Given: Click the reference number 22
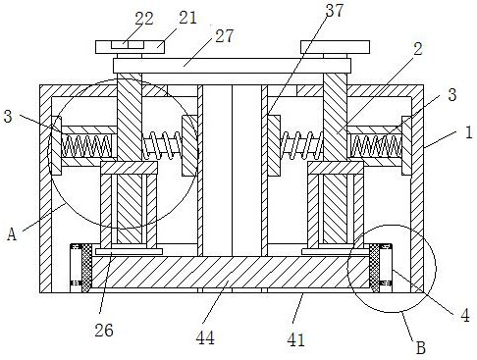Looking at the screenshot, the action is pyautogui.click(x=144, y=19).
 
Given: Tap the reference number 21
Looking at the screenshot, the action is pyautogui.click(x=187, y=18).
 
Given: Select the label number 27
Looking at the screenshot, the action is pyautogui.click(x=224, y=35).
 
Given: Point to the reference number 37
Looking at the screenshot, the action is pyautogui.click(x=335, y=10).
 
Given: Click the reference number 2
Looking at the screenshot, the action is pyautogui.click(x=418, y=49).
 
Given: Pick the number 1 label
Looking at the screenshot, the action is pyautogui.click(x=469, y=132).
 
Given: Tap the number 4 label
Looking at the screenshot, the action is pyautogui.click(x=465, y=315).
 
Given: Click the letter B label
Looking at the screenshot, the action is pyautogui.click(x=421, y=347).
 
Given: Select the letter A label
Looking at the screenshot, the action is pyautogui.click(x=12, y=234).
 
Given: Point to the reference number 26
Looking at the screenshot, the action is pyautogui.click(x=104, y=331).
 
